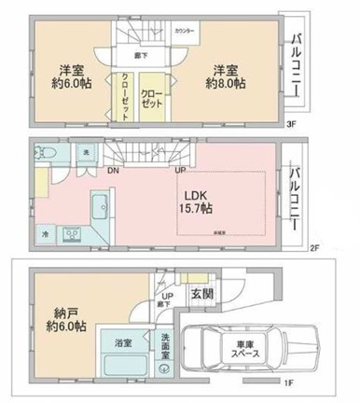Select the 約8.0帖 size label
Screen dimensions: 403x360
click(x=227, y=84)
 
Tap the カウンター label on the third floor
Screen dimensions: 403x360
click(x=185, y=32)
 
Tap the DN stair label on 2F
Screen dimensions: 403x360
click(x=113, y=171)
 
